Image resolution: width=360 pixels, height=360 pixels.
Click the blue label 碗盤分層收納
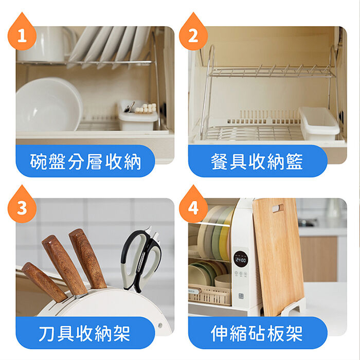point(85,161)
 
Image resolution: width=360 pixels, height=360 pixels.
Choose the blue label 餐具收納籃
point(258,161)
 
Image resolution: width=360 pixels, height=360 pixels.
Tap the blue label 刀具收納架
point(85,333)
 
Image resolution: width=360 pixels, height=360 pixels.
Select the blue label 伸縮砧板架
point(258,333)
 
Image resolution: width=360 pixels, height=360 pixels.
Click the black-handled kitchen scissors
point(140,259)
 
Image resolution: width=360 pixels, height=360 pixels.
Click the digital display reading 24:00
point(241,260)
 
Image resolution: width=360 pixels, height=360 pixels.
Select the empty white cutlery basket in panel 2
point(319,123)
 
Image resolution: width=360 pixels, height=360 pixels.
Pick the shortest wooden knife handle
point(44,282)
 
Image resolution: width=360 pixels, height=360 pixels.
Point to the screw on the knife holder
point(160,325)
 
